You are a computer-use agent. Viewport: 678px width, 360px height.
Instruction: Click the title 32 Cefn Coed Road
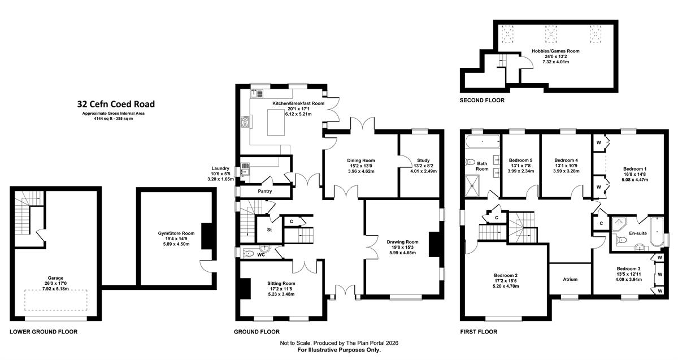click(x=116, y=104)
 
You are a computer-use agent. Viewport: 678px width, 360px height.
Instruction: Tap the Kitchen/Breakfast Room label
click(x=298, y=103)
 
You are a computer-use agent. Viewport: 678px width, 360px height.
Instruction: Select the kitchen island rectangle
click(x=276, y=122)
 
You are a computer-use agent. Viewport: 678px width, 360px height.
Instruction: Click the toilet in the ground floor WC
click(x=249, y=253)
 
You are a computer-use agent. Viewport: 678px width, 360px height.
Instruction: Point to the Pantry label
click(x=265, y=191)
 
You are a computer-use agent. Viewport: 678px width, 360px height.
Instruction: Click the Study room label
click(x=423, y=160)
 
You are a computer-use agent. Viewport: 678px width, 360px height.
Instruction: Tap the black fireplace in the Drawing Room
click(x=434, y=244)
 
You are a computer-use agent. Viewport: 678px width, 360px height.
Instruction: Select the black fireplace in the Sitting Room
click(x=245, y=289)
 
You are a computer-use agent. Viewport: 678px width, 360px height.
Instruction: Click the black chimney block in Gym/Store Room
click(x=207, y=236)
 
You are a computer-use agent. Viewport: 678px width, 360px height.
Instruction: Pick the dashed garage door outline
click(x=56, y=300)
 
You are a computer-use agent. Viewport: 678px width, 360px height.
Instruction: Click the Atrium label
click(x=570, y=279)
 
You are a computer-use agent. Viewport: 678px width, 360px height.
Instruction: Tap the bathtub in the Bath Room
click(x=483, y=142)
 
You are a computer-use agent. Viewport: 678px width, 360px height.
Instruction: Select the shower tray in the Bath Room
click(x=472, y=185)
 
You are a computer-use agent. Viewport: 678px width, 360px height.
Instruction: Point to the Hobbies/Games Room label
click(x=556, y=51)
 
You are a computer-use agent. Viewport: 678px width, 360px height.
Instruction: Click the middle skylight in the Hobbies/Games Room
click(x=551, y=34)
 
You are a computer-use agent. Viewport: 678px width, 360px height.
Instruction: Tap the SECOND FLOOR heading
click(x=482, y=100)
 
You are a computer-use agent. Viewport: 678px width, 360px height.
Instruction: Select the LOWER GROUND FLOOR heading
click(x=44, y=332)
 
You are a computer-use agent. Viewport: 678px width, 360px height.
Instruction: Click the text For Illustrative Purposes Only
click(x=339, y=350)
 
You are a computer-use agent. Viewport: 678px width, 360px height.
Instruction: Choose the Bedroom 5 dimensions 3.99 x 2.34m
click(x=520, y=171)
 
